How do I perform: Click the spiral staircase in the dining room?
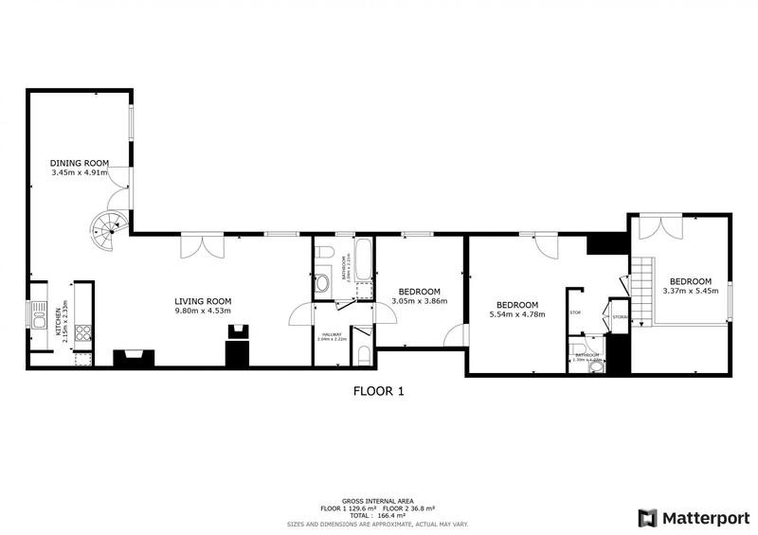click(x=106, y=226)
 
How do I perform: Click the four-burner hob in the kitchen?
click(x=82, y=332)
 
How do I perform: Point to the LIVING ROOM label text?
click(x=203, y=301)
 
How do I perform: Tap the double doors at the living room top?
click(x=203, y=244)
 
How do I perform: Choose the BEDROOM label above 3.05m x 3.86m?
click(x=419, y=291)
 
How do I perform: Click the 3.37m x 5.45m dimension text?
click(x=691, y=292)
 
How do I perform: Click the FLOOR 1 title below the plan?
click(x=379, y=390)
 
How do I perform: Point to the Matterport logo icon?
click(x=647, y=517)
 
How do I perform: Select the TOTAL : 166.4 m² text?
click(x=379, y=516)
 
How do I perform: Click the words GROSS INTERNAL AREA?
click(x=379, y=502)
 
